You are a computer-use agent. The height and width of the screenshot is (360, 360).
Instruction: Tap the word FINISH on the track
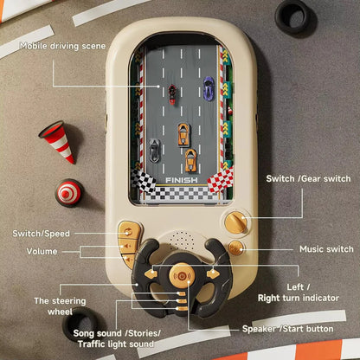181,180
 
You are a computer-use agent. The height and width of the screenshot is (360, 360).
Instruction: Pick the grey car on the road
155,149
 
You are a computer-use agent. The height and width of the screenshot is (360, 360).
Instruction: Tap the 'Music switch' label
326,249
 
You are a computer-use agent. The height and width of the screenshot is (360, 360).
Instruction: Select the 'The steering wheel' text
60,306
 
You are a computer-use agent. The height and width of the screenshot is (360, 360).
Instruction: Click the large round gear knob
236,222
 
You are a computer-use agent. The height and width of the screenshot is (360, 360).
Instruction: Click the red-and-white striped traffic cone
57,141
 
